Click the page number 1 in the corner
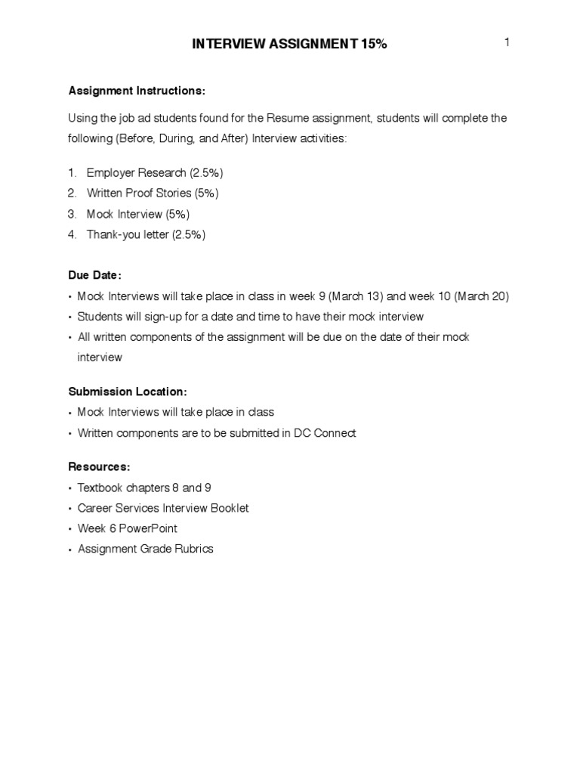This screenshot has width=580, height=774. (x=507, y=42)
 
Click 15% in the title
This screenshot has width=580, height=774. (x=372, y=45)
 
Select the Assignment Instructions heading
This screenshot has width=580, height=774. (x=137, y=91)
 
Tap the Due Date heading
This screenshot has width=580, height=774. (x=94, y=275)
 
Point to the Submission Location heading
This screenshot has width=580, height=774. (x=127, y=392)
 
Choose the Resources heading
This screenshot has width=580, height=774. (x=99, y=467)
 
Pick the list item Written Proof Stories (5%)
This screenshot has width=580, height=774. (x=153, y=193)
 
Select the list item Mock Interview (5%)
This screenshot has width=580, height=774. (x=138, y=214)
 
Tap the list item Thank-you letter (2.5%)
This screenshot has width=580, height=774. (x=146, y=234)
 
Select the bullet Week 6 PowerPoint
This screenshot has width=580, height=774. (x=128, y=528)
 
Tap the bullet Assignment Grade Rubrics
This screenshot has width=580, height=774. (x=146, y=549)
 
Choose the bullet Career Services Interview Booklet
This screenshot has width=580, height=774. (x=163, y=508)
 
